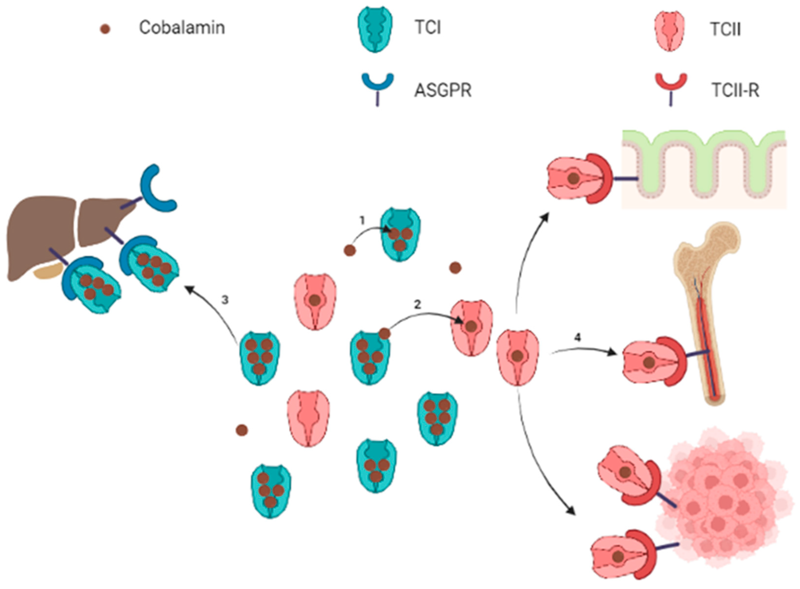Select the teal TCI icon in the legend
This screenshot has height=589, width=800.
(375, 29)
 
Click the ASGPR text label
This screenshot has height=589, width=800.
(442, 90)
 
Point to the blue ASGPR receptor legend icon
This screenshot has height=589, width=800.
(378, 86)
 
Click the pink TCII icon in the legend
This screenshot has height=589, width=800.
(669, 31)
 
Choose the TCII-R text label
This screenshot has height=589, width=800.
(735, 90)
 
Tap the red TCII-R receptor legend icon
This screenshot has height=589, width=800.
(671, 85)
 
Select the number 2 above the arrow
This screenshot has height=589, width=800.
(417, 304)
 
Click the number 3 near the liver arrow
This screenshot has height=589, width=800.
(224, 300)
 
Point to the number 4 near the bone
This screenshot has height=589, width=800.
(577, 337)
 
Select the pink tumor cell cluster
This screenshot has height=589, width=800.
(721, 499)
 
